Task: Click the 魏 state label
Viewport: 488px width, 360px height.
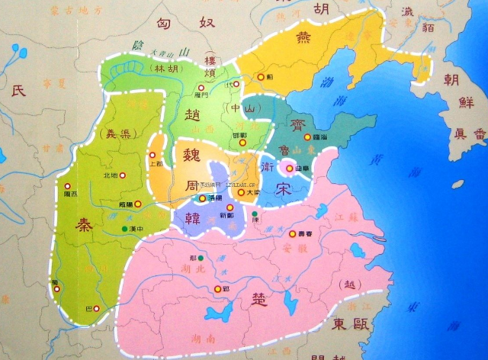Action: [185, 155]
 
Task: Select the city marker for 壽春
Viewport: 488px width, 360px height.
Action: [291, 233]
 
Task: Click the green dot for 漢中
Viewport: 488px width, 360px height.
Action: [124, 230]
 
